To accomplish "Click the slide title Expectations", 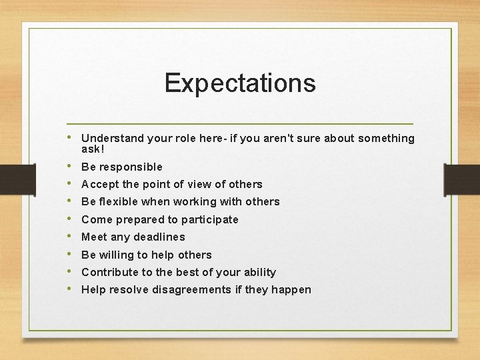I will (240, 83).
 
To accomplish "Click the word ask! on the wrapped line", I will (93, 149).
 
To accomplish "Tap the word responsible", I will (130, 167).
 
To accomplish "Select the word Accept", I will (99, 184).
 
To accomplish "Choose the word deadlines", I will (159, 237).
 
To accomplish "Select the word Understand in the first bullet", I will (112, 138).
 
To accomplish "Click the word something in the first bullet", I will (386, 138).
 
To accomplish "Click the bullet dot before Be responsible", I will (71, 166).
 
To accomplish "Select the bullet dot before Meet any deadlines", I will (71, 236).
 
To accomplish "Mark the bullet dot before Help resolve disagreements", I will (71, 289).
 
